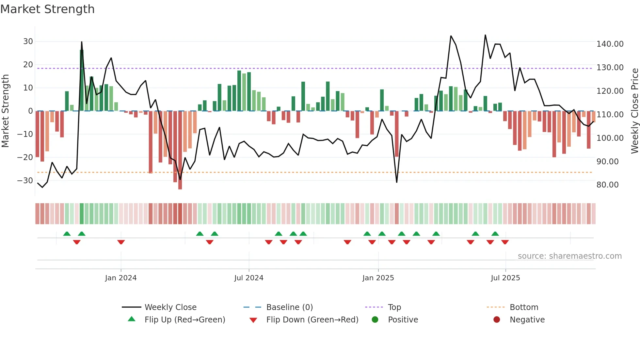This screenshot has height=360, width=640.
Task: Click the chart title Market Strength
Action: (x=47, y=9)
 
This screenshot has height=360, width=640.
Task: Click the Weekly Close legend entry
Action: (x=170, y=307)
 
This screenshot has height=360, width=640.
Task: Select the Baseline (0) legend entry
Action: (x=289, y=307)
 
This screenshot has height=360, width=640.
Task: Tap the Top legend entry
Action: (x=394, y=307)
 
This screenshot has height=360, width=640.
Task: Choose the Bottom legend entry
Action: (x=524, y=307)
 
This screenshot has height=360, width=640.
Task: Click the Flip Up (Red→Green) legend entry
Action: (x=184, y=320)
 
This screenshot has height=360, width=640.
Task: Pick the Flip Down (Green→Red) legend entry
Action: (x=312, y=320)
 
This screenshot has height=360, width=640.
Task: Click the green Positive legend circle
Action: (x=375, y=320)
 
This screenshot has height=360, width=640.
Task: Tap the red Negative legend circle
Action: (x=497, y=320)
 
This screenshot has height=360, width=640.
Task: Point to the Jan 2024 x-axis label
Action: (x=121, y=278)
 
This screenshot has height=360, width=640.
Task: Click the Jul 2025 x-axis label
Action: (x=505, y=278)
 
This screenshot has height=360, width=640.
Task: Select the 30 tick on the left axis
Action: (x=28, y=41)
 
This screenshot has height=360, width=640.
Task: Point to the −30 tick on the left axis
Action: (x=25, y=180)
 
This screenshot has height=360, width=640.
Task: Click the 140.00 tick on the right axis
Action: (x=610, y=44)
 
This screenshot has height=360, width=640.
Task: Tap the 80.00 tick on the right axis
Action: (x=607, y=185)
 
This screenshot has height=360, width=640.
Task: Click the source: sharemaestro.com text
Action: (x=569, y=256)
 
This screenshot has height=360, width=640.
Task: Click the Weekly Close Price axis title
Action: (x=634, y=111)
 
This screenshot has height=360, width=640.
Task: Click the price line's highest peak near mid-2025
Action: (x=485, y=35)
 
